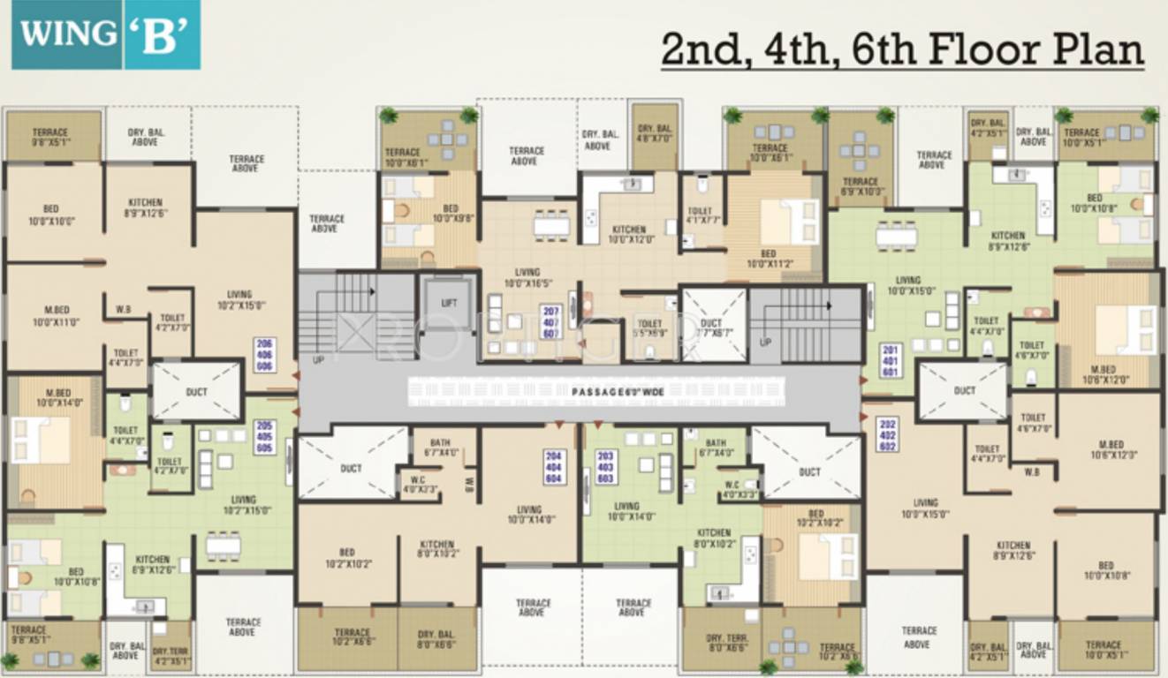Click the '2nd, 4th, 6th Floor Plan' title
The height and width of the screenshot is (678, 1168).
tap(902, 49)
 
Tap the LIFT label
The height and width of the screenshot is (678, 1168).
tap(449, 303)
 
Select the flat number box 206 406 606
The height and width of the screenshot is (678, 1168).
tap(264, 353)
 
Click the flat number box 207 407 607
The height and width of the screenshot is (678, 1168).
tap(551, 321)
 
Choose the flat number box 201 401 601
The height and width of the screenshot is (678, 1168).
tap(890, 360)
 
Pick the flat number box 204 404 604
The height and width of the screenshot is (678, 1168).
tap(552, 466)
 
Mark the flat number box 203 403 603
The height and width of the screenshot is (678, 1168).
tap(605, 466)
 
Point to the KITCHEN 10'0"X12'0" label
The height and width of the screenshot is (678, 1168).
tap(629, 234)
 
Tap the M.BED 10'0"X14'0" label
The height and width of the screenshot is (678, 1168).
tap(58, 398)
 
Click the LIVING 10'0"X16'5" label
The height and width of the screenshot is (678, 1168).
tap(527, 277)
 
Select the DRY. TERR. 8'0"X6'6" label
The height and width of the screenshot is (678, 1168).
tap(728, 642)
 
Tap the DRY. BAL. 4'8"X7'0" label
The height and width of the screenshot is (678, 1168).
tap(655, 132)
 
